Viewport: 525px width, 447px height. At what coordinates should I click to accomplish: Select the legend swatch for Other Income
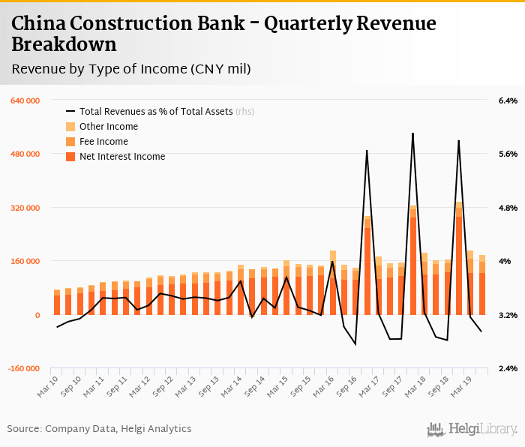[71, 127]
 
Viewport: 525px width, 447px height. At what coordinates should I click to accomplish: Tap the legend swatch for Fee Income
[71, 142]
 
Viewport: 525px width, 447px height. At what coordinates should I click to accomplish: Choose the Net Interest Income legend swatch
[71, 157]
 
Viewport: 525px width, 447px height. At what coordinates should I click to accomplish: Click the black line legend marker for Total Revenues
[71, 112]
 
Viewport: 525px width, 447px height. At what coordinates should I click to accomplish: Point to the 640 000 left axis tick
[24, 100]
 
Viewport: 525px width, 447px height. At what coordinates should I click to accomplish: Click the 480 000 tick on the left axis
[24, 154]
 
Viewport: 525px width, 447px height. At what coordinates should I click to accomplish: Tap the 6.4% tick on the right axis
[508, 100]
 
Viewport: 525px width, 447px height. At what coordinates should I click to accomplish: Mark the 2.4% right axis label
[508, 369]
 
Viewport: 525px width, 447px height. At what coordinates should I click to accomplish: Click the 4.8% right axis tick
[508, 208]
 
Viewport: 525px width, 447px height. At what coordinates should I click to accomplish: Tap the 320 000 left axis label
[24, 208]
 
